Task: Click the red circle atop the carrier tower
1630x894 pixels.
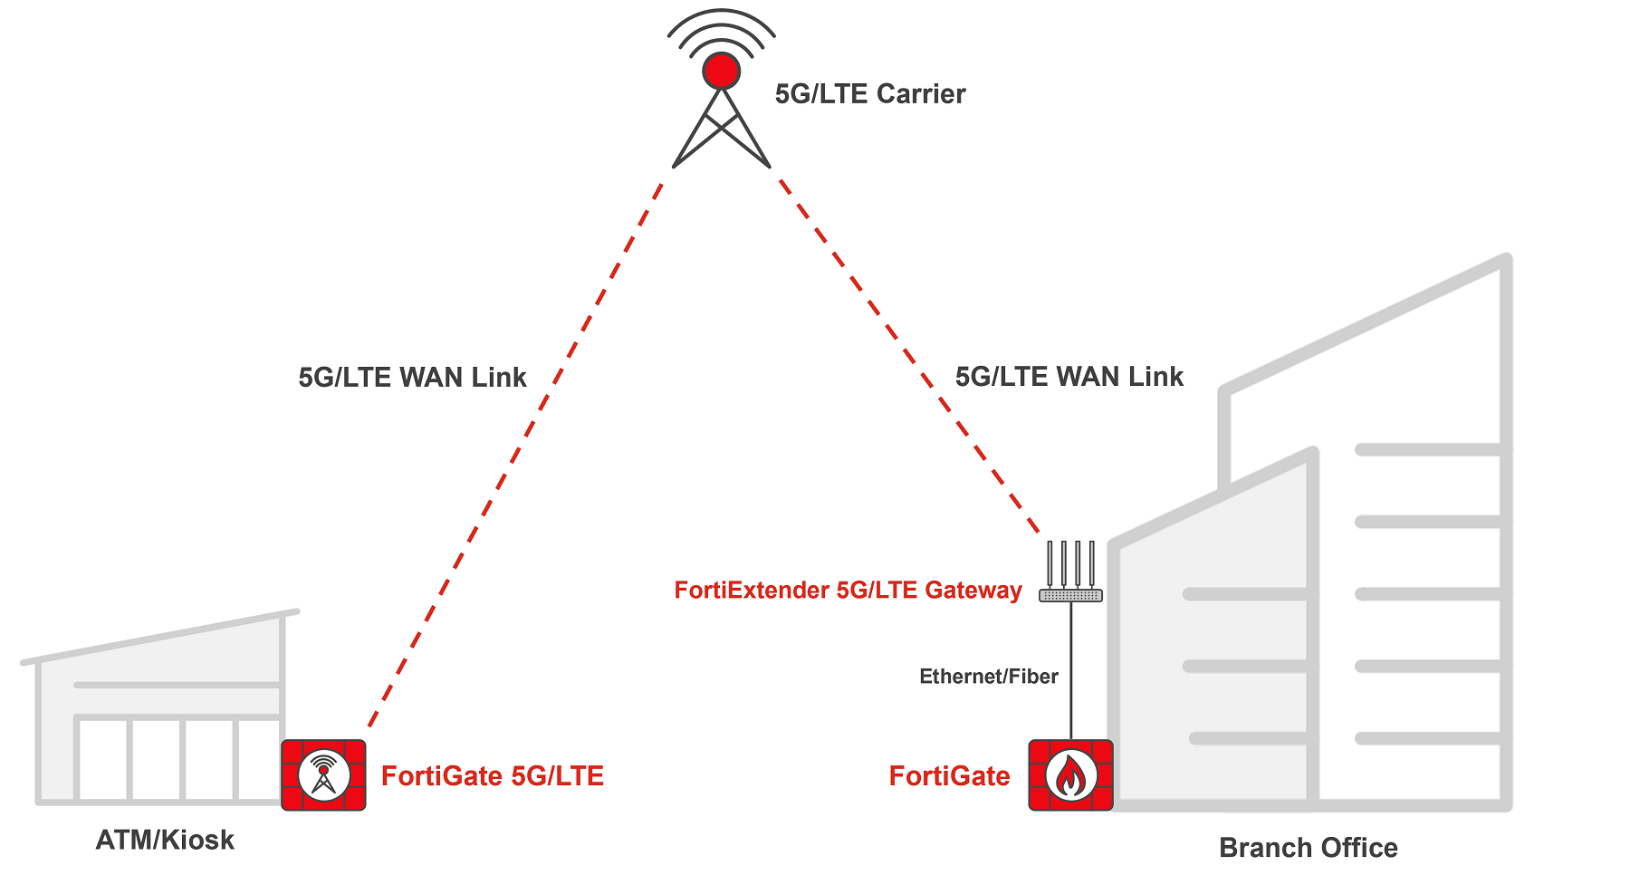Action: (722, 71)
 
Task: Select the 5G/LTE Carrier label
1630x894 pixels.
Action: (869, 94)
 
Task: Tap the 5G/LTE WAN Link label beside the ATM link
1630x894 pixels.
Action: (412, 378)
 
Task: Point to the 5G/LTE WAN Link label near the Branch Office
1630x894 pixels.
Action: (1069, 377)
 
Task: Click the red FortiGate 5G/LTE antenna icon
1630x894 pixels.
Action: (323, 775)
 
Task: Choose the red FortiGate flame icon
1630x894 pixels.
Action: (1070, 775)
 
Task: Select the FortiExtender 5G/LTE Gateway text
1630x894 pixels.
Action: (848, 591)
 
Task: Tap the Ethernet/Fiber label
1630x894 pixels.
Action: (988, 677)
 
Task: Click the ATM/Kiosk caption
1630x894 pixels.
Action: (165, 841)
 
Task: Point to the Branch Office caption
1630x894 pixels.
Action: (1308, 848)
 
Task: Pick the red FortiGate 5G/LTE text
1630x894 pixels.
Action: (492, 776)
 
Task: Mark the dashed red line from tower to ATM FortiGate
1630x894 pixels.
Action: (516, 453)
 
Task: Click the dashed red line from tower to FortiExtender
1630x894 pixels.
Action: (906, 353)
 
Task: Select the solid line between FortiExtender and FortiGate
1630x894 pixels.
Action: (1070, 670)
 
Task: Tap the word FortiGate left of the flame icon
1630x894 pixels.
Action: (949, 776)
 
